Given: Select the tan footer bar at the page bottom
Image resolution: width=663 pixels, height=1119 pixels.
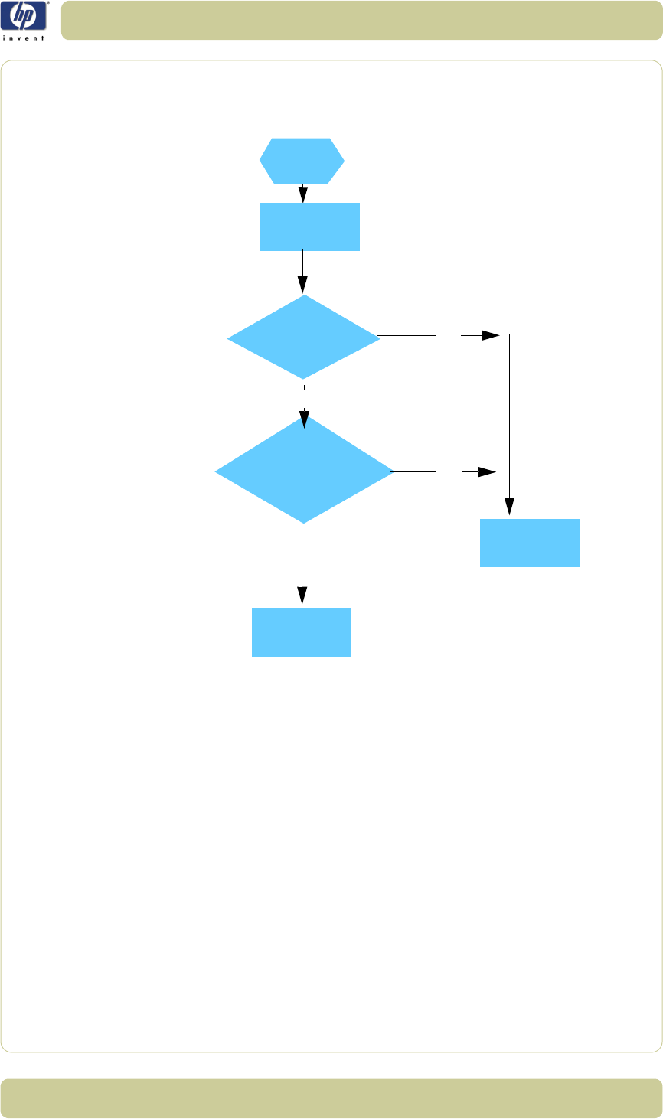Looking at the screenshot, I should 331,1098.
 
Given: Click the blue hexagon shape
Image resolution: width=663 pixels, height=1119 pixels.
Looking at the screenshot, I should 302,161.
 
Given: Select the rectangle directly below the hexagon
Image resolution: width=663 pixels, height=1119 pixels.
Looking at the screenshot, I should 309,227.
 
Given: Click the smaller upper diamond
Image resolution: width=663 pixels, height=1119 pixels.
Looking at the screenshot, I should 304,337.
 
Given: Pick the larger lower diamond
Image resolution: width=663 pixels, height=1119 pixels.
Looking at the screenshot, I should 304,471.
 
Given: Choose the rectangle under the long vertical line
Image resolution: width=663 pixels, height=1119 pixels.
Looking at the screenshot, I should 529,543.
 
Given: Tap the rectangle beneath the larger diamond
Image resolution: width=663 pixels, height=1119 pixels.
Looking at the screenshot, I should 302,632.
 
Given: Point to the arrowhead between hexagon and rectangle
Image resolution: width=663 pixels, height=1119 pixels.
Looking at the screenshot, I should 304,195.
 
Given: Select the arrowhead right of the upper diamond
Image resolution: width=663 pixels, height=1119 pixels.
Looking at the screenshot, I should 491,335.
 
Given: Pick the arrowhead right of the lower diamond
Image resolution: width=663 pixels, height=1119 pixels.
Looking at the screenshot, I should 488,472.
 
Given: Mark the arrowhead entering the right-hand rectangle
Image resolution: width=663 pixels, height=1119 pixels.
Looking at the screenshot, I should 509,507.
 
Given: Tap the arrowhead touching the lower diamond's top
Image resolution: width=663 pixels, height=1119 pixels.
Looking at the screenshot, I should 304,420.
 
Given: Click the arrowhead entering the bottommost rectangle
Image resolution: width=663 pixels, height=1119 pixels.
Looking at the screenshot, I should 302,596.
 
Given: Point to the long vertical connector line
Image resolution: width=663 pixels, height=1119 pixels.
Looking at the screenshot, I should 509,413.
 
